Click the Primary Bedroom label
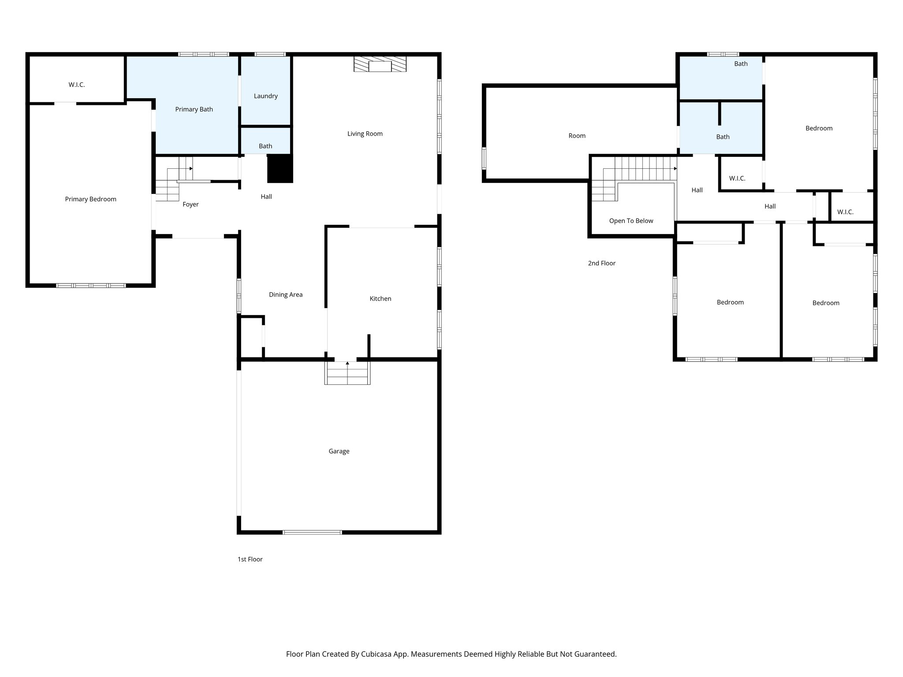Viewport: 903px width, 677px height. pyautogui.click(x=90, y=199)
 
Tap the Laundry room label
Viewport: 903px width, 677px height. pyautogui.click(x=265, y=96)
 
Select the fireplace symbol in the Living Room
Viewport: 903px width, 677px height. pyautogui.click(x=380, y=64)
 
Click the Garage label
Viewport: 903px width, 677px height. pyautogui.click(x=339, y=451)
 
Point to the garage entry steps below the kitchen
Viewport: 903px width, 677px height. pyautogui.click(x=347, y=373)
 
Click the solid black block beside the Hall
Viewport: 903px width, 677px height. pyautogui.click(x=280, y=168)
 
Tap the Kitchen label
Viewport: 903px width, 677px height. pyautogui.click(x=380, y=299)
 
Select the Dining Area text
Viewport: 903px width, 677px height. pyautogui.click(x=286, y=295)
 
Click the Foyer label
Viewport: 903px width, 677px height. pyautogui.click(x=190, y=205)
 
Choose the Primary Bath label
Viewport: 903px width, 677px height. pyautogui.click(x=194, y=109)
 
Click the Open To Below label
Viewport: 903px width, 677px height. pyautogui.click(x=631, y=221)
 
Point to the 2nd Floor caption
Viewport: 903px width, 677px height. pyautogui.click(x=601, y=263)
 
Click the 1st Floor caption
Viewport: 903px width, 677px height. pyautogui.click(x=250, y=559)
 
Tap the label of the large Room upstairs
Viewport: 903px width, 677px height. pyautogui.click(x=577, y=136)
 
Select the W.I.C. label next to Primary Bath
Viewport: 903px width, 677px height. pyautogui.click(x=77, y=85)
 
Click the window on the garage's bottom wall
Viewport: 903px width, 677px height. pyautogui.click(x=312, y=532)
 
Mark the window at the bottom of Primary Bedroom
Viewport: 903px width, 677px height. pyautogui.click(x=91, y=286)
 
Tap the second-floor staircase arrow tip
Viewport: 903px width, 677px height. pyautogui.click(x=675, y=168)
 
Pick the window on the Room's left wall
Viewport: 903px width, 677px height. pyautogui.click(x=484, y=158)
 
